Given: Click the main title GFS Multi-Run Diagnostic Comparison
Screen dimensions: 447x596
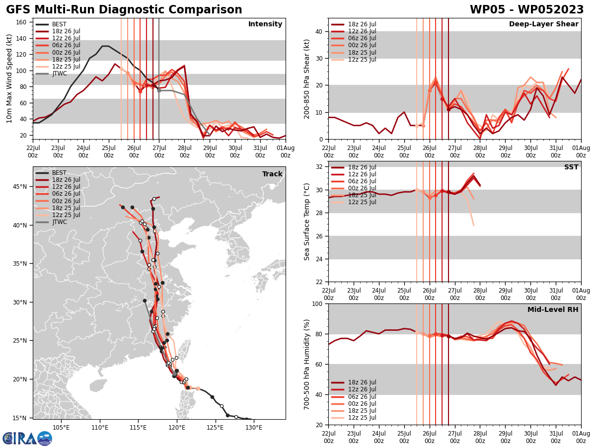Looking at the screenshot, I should pyautogui.click(x=124, y=10).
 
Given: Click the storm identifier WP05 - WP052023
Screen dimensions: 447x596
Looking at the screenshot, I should pyautogui.click(x=526, y=10).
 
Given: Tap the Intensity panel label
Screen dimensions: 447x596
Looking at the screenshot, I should pyautogui.click(x=265, y=24).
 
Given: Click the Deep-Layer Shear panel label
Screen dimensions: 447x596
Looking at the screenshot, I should pyautogui.click(x=543, y=24).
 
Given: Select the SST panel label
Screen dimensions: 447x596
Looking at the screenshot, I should pyautogui.click(x=571, y=167).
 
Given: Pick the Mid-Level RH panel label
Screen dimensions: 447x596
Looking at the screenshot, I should pyautogui.click(x=553, y=310).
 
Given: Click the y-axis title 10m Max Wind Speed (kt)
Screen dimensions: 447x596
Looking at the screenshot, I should pyautogui.click(x=9, y=78).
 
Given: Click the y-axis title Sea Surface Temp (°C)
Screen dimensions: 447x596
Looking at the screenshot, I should pyautogui.click(x=307, y=222).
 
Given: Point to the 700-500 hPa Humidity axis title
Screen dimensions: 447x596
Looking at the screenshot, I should pyautogui.click(x=307, y=365).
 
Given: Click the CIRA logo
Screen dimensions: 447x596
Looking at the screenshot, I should pyautogui.click(x=27, y=439).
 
